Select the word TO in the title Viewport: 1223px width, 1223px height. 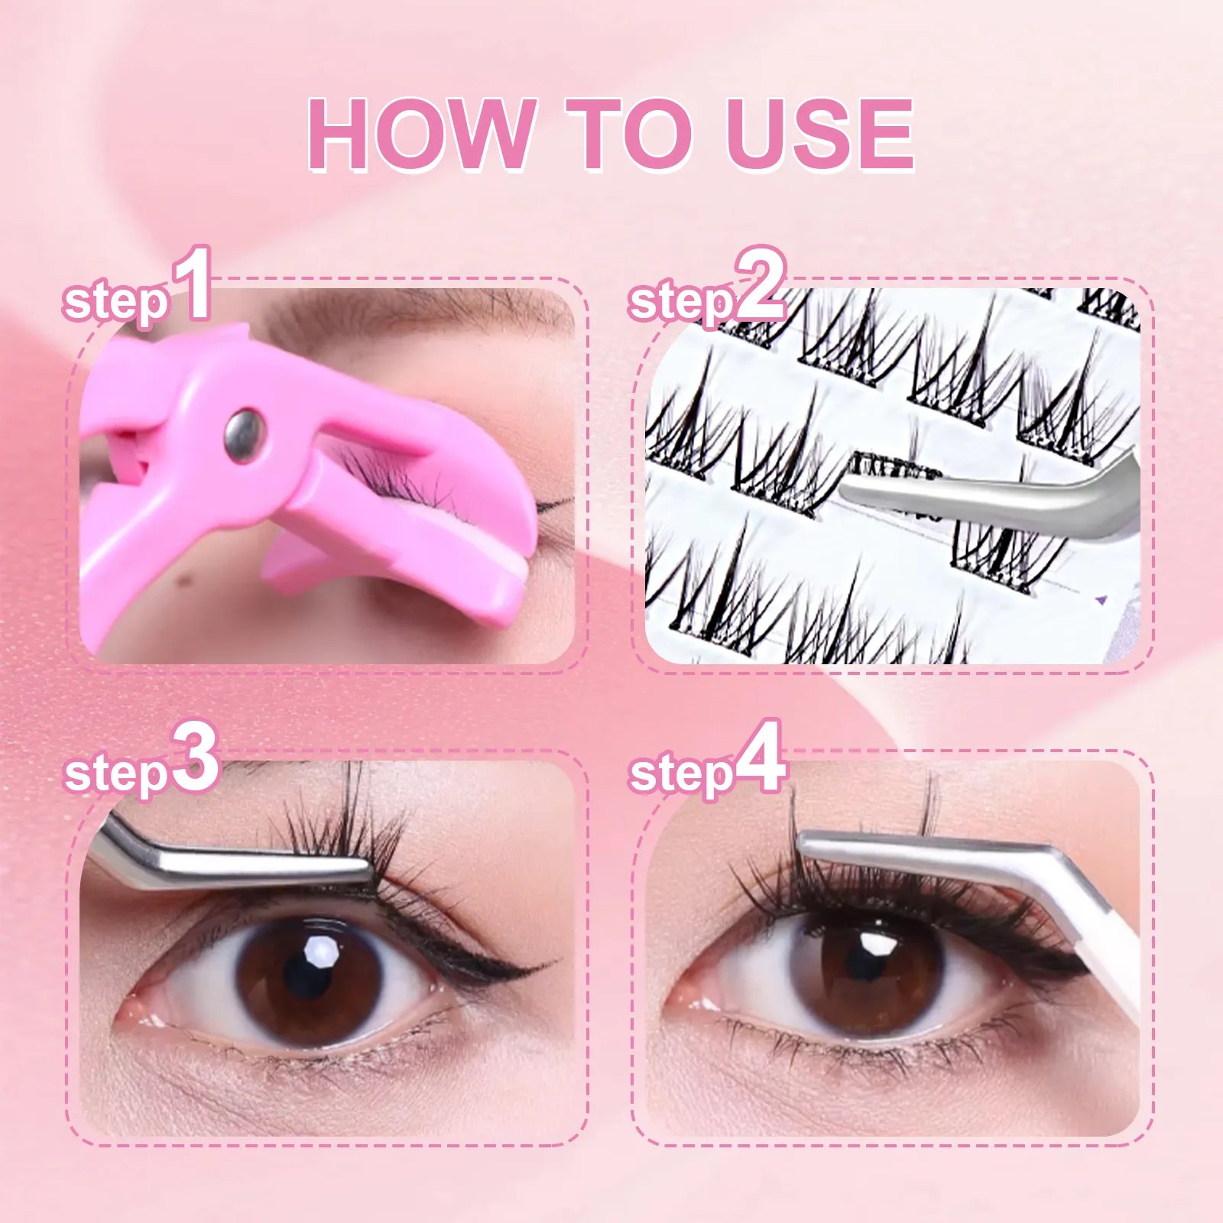627,135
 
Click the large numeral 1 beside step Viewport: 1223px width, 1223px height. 192,284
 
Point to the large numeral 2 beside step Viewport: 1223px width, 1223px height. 759,286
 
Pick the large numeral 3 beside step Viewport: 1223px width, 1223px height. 196,758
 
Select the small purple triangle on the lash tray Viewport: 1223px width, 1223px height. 1101,600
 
